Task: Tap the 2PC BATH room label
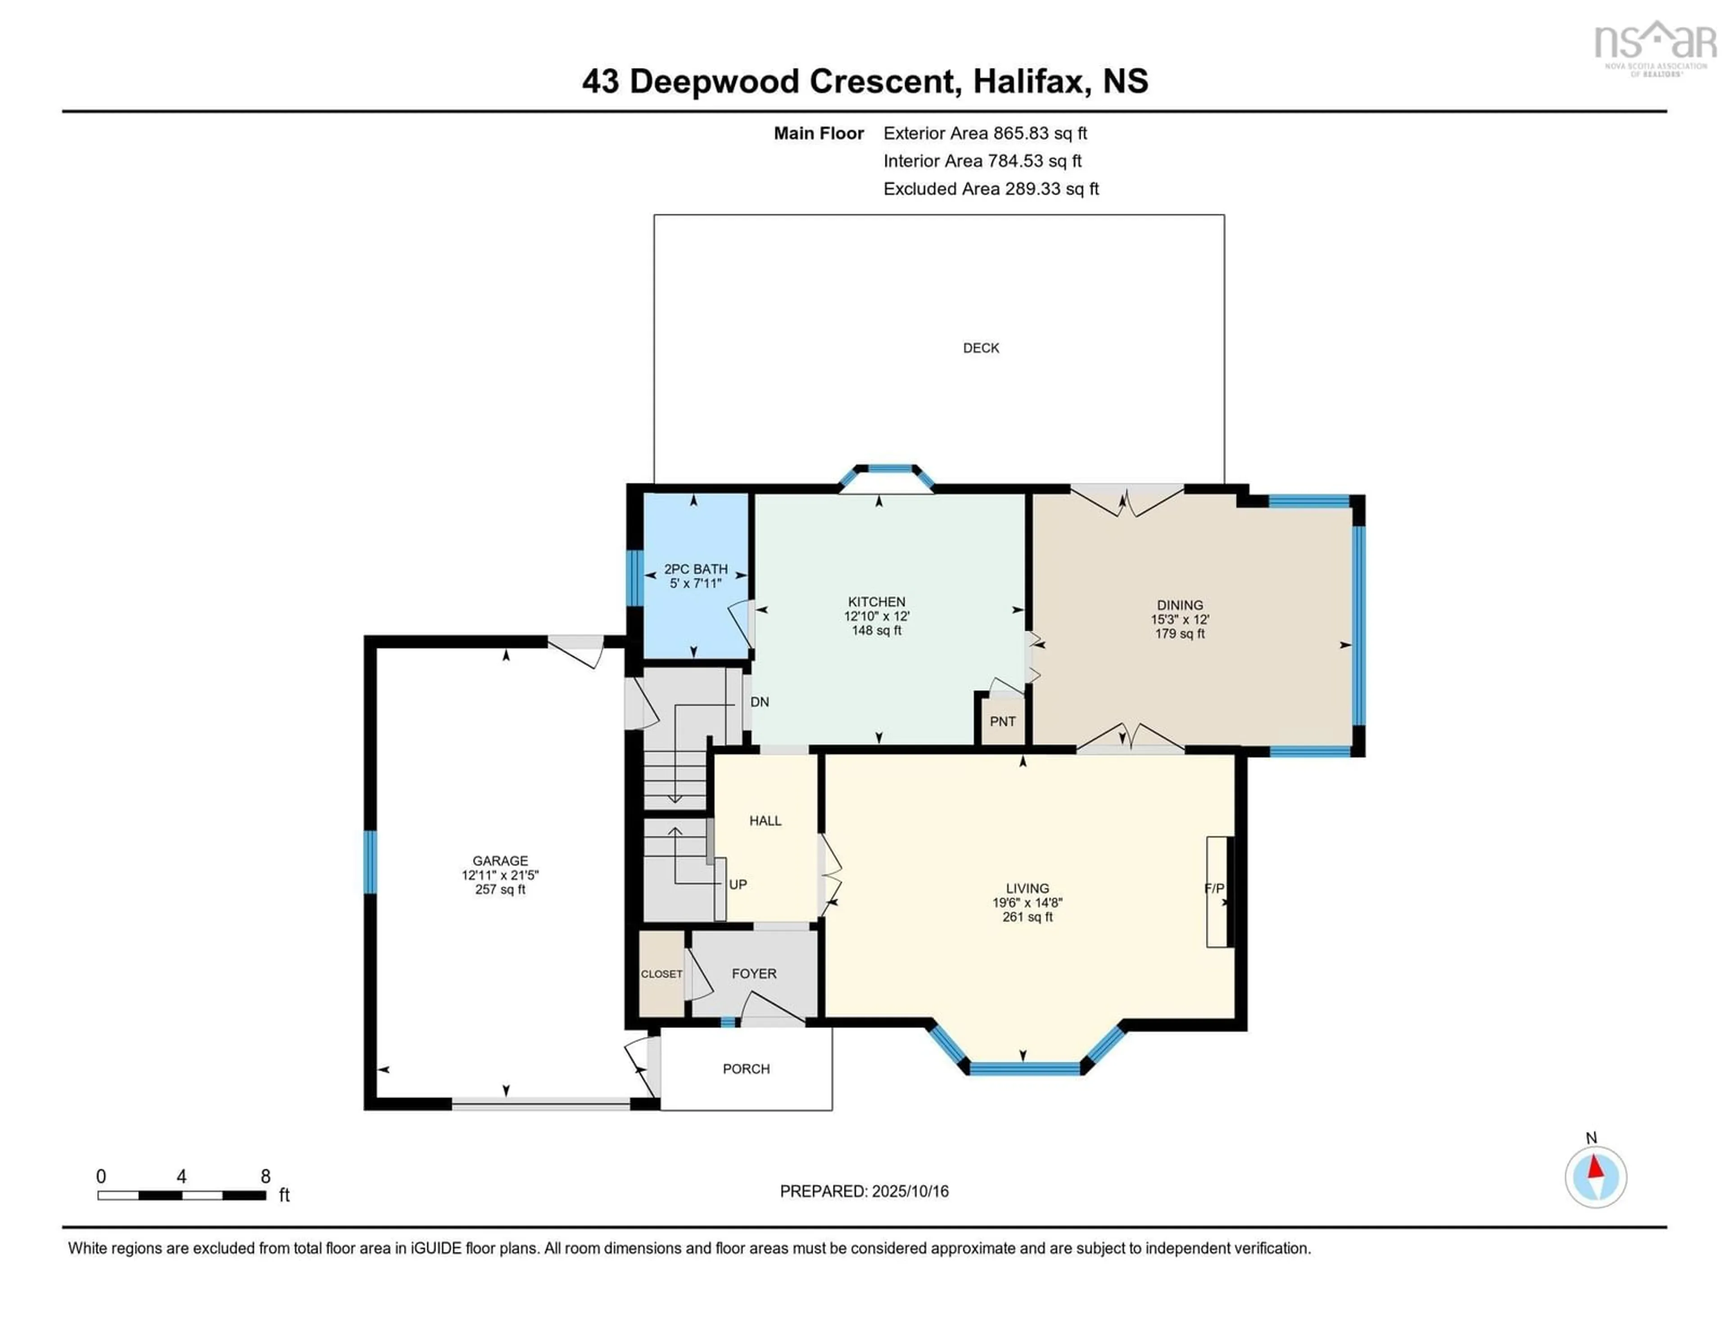coord(695,569)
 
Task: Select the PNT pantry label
coord(1002,721)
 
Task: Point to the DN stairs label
coord(759,702)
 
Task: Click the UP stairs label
coord(737,884)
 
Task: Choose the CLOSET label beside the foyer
coord(661,974)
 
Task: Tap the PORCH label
coord(746,1069)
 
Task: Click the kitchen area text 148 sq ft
coord(876,631)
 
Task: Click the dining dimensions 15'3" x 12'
coord(1180,620)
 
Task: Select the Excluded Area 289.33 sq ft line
coord(991,188)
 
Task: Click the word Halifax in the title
coord(1027,81)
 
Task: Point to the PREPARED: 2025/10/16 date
coord(864,1191)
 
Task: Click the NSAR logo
coord(1655,46)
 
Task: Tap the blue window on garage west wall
coord(370,862)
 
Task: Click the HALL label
coord(765,821)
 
